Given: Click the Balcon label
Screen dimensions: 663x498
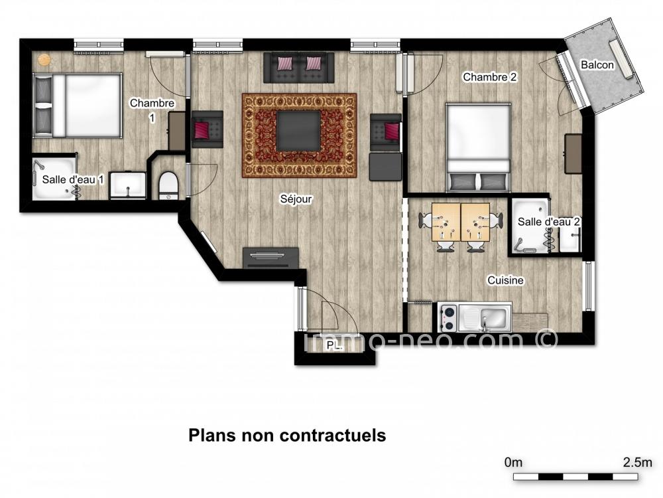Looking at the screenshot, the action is click(x=597, y=65).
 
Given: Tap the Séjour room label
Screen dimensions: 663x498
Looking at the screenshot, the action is click(x=296, y=199).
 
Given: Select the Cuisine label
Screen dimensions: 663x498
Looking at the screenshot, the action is click(x=505, y=280).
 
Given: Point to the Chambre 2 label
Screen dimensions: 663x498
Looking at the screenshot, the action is click(x=490, y=77).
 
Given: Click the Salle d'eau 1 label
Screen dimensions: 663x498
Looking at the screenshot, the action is click(x=73, y=179).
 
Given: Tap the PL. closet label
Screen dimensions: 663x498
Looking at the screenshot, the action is click(x=334, y=346).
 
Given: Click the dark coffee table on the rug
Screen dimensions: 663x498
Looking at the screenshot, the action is click(x=298, y=130).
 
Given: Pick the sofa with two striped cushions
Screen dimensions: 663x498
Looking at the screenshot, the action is click(x=299, y=68).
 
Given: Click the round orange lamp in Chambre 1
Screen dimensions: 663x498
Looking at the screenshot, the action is click(x=44, y=60).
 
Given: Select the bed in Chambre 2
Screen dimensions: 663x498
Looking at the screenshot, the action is click(x=478, y=147).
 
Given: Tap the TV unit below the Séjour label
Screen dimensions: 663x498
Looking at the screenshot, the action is click(x=271, y=258).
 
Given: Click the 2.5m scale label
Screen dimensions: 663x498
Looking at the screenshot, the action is click(x=637, y=462).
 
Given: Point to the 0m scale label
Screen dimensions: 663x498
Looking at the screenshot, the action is click(x=513, y=462).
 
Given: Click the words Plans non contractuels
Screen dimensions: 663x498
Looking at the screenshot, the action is click(x=287, y=436).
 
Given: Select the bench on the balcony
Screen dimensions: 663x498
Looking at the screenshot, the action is click(x=621, y=59).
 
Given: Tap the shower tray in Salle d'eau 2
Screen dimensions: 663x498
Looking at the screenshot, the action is click(x=530, y=226).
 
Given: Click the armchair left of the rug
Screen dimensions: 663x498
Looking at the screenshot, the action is click(x=207, y=129).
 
